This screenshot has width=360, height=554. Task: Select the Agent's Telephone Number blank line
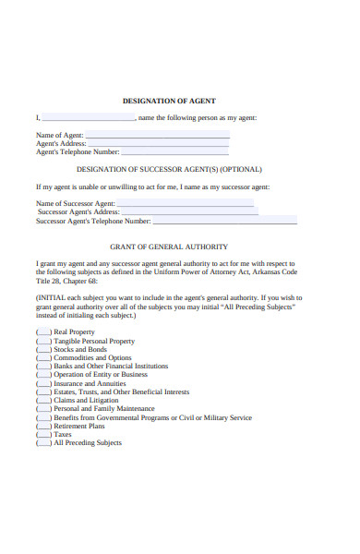(175, 151)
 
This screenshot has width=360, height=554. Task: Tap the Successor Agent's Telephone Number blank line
(224, 221)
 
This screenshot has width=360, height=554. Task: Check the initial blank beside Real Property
(43, 331)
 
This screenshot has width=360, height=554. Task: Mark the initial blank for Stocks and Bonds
(43, 349)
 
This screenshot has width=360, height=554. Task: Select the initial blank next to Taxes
(43, 434)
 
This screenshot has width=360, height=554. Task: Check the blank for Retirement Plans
(43, 426)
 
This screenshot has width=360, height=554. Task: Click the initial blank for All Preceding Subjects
(43, 442)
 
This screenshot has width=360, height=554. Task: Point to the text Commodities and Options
(92, 357)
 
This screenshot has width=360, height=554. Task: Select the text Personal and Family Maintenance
(104, 408)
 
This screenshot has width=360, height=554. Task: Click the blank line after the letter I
(88, 117)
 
